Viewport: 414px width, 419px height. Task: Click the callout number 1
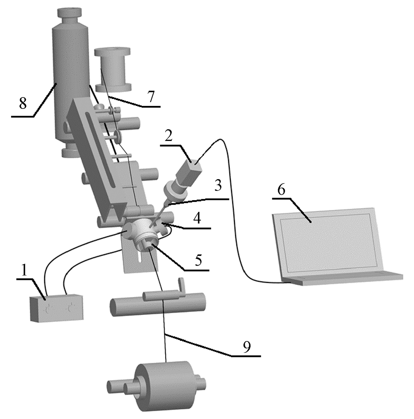tap(24, 271)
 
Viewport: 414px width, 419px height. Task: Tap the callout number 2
tap(168, 136)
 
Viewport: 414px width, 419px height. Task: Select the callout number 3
tap(218, 185)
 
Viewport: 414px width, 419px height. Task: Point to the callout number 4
tap(197, 218)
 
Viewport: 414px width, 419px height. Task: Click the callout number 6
tap(282, 189)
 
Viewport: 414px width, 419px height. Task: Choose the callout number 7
tap(152, 97)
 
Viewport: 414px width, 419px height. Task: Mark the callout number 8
tap(23, 103)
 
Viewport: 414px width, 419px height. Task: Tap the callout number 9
tap(247, 347)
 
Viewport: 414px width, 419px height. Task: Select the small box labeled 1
tap(57, 308)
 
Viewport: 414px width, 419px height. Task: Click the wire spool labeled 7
tap(113, 70)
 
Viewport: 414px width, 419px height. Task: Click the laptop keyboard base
tap(343, 278)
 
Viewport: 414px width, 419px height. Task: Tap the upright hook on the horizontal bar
tap(181, 287)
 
